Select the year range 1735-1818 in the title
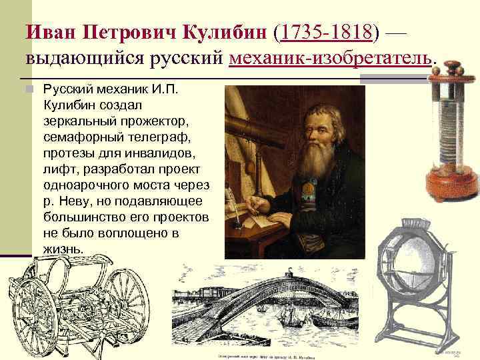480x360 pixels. coord(327,31)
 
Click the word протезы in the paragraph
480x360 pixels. coord(63,153)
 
